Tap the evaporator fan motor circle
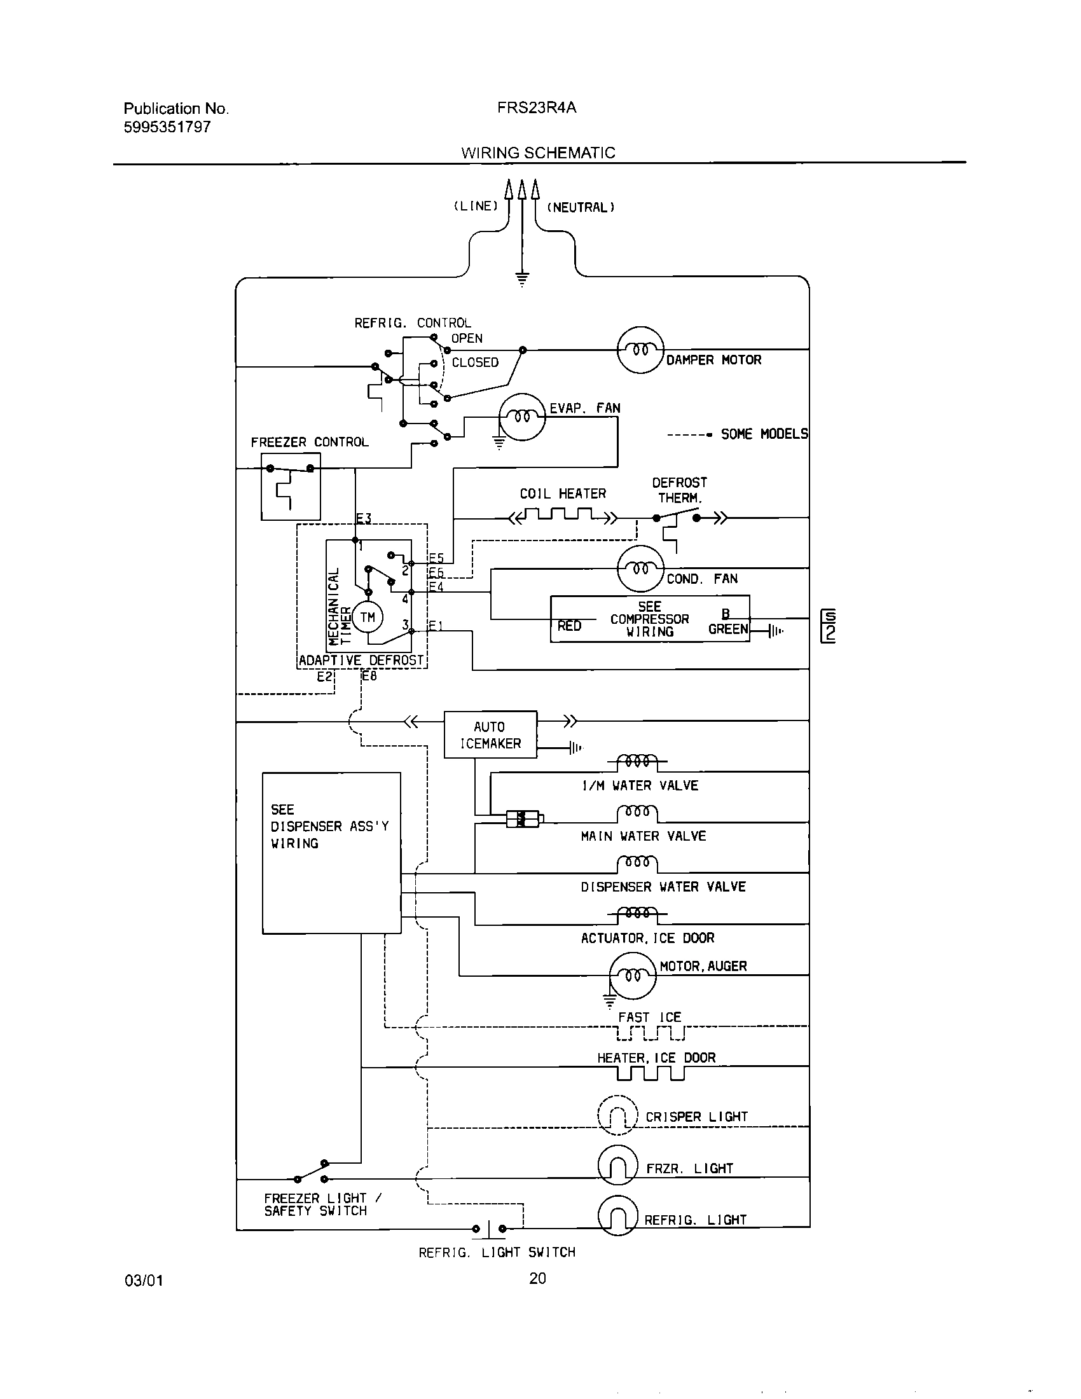(x=522, y=417)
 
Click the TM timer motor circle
(x=367, y=617)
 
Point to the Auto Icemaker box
(x=490, y=734)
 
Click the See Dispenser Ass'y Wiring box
(x=331, y=853)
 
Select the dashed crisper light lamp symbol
(x=617, y=1115)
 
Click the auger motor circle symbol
(x=633, y=975)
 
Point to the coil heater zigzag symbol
(x=562, y=516)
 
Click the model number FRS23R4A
(x=536, y=107)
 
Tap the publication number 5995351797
(x=167, y=127)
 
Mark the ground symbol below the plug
(x=522, y=279)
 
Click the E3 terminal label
(x=364, y=519)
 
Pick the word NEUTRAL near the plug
(x=580, y=207)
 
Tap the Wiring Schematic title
(x=538, y=153)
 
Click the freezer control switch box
(x=291, y=486)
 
